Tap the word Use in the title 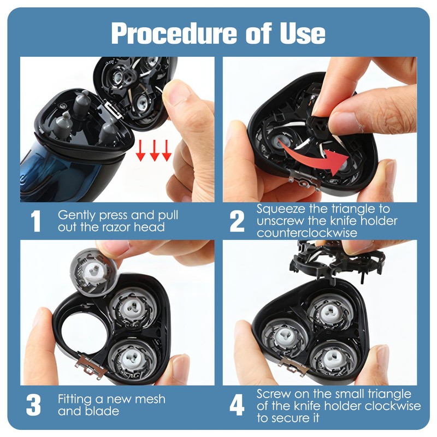[x=303, y=33]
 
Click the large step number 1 [x=36, y=221]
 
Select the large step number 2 [x=237, y=221]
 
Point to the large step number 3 [x=33, y=405]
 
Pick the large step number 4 [x=237, y=405]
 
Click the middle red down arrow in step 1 [x=154, y=151]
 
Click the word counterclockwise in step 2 [x=307, y=233]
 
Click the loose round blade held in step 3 [x=93, y=271]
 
